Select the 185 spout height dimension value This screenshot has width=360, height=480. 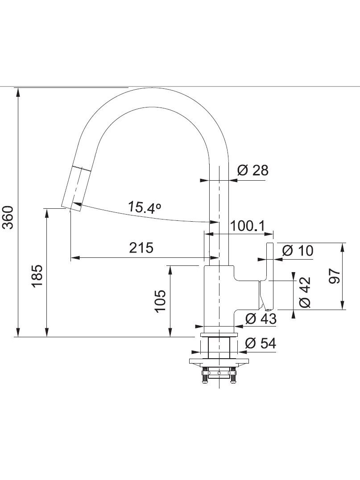(x=37, y=276)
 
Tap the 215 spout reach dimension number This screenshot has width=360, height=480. (x=141, y=248)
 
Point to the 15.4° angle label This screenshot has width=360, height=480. (x=144, y=207)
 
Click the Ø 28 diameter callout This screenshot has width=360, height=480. (x=253, y=170)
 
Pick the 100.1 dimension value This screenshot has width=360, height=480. (x=247, y=226)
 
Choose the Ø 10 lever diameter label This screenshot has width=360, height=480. (x=298, y=250)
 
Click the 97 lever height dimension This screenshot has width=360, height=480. (x=334, y=276)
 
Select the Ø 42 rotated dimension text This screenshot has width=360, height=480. (x=305, y=292)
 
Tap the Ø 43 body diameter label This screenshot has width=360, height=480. (x=261, y=319)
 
